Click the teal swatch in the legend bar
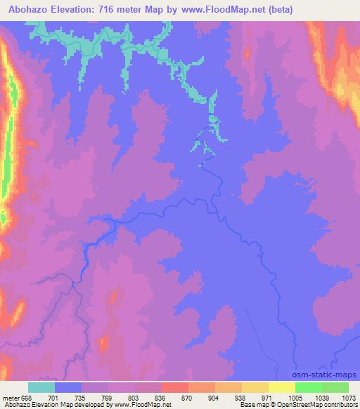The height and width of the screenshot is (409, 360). [x=41, y=387]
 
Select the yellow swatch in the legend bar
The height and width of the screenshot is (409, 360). [x=281, y=387]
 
